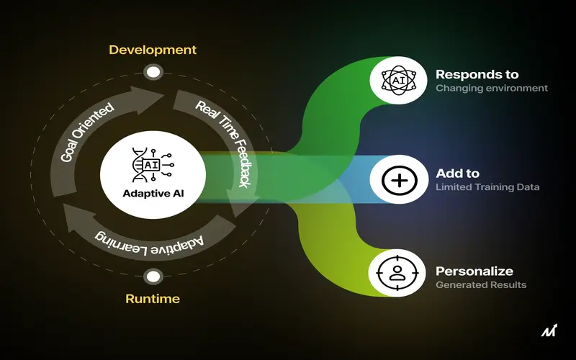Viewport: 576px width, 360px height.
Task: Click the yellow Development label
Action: pyautogui.click(x=153, y=50)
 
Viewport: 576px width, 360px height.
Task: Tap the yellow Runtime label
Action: pyautogui.click(x=153, y=299)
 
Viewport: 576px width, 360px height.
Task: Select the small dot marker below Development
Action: pyautogui.click(x=153, y=72)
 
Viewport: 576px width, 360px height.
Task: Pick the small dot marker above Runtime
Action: pyautogui.click(x=153, y=276)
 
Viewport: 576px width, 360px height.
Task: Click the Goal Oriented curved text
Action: pyautogui.click(x=86, y=132)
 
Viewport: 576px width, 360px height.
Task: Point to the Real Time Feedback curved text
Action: pyautogui.click(x=227, y=141)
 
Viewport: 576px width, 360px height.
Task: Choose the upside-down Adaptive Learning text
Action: pyautogui.click(x=149, y=243)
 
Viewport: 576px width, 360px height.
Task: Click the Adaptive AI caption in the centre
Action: pyautogui.click(x=153, y=194)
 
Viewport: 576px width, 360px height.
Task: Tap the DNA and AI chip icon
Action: pyautogui.click(x=153, y=165)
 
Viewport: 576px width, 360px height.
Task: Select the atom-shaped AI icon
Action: pyautogui.click(x=399, y=81)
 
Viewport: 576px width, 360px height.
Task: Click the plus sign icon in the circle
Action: pyautogui.click(x=400, y=180)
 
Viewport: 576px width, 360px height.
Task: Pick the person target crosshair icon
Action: pyautogui.click(x=397, y=274)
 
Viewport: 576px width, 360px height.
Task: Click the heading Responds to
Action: pyautogui.click(x=477, y=75)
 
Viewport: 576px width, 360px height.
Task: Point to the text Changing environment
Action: pyautogui.click(x=492, y=88)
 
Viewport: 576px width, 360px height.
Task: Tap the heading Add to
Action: pyautogui.click(x=458, y=174)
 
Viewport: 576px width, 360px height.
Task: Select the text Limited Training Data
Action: pyautogui.click(x=487, y=187)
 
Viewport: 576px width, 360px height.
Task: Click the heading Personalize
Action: pyautogui.click(x=474, y=271)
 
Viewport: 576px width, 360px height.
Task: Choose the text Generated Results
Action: pyautogui.click(x=481, y=285)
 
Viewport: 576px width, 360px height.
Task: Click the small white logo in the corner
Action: pyautogui.click(x=549, y=330)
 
